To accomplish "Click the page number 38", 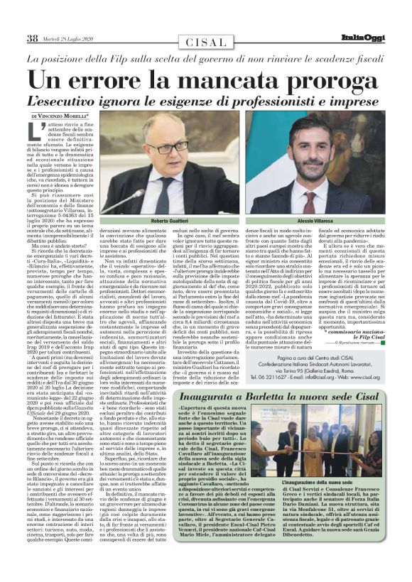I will (32, 38).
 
